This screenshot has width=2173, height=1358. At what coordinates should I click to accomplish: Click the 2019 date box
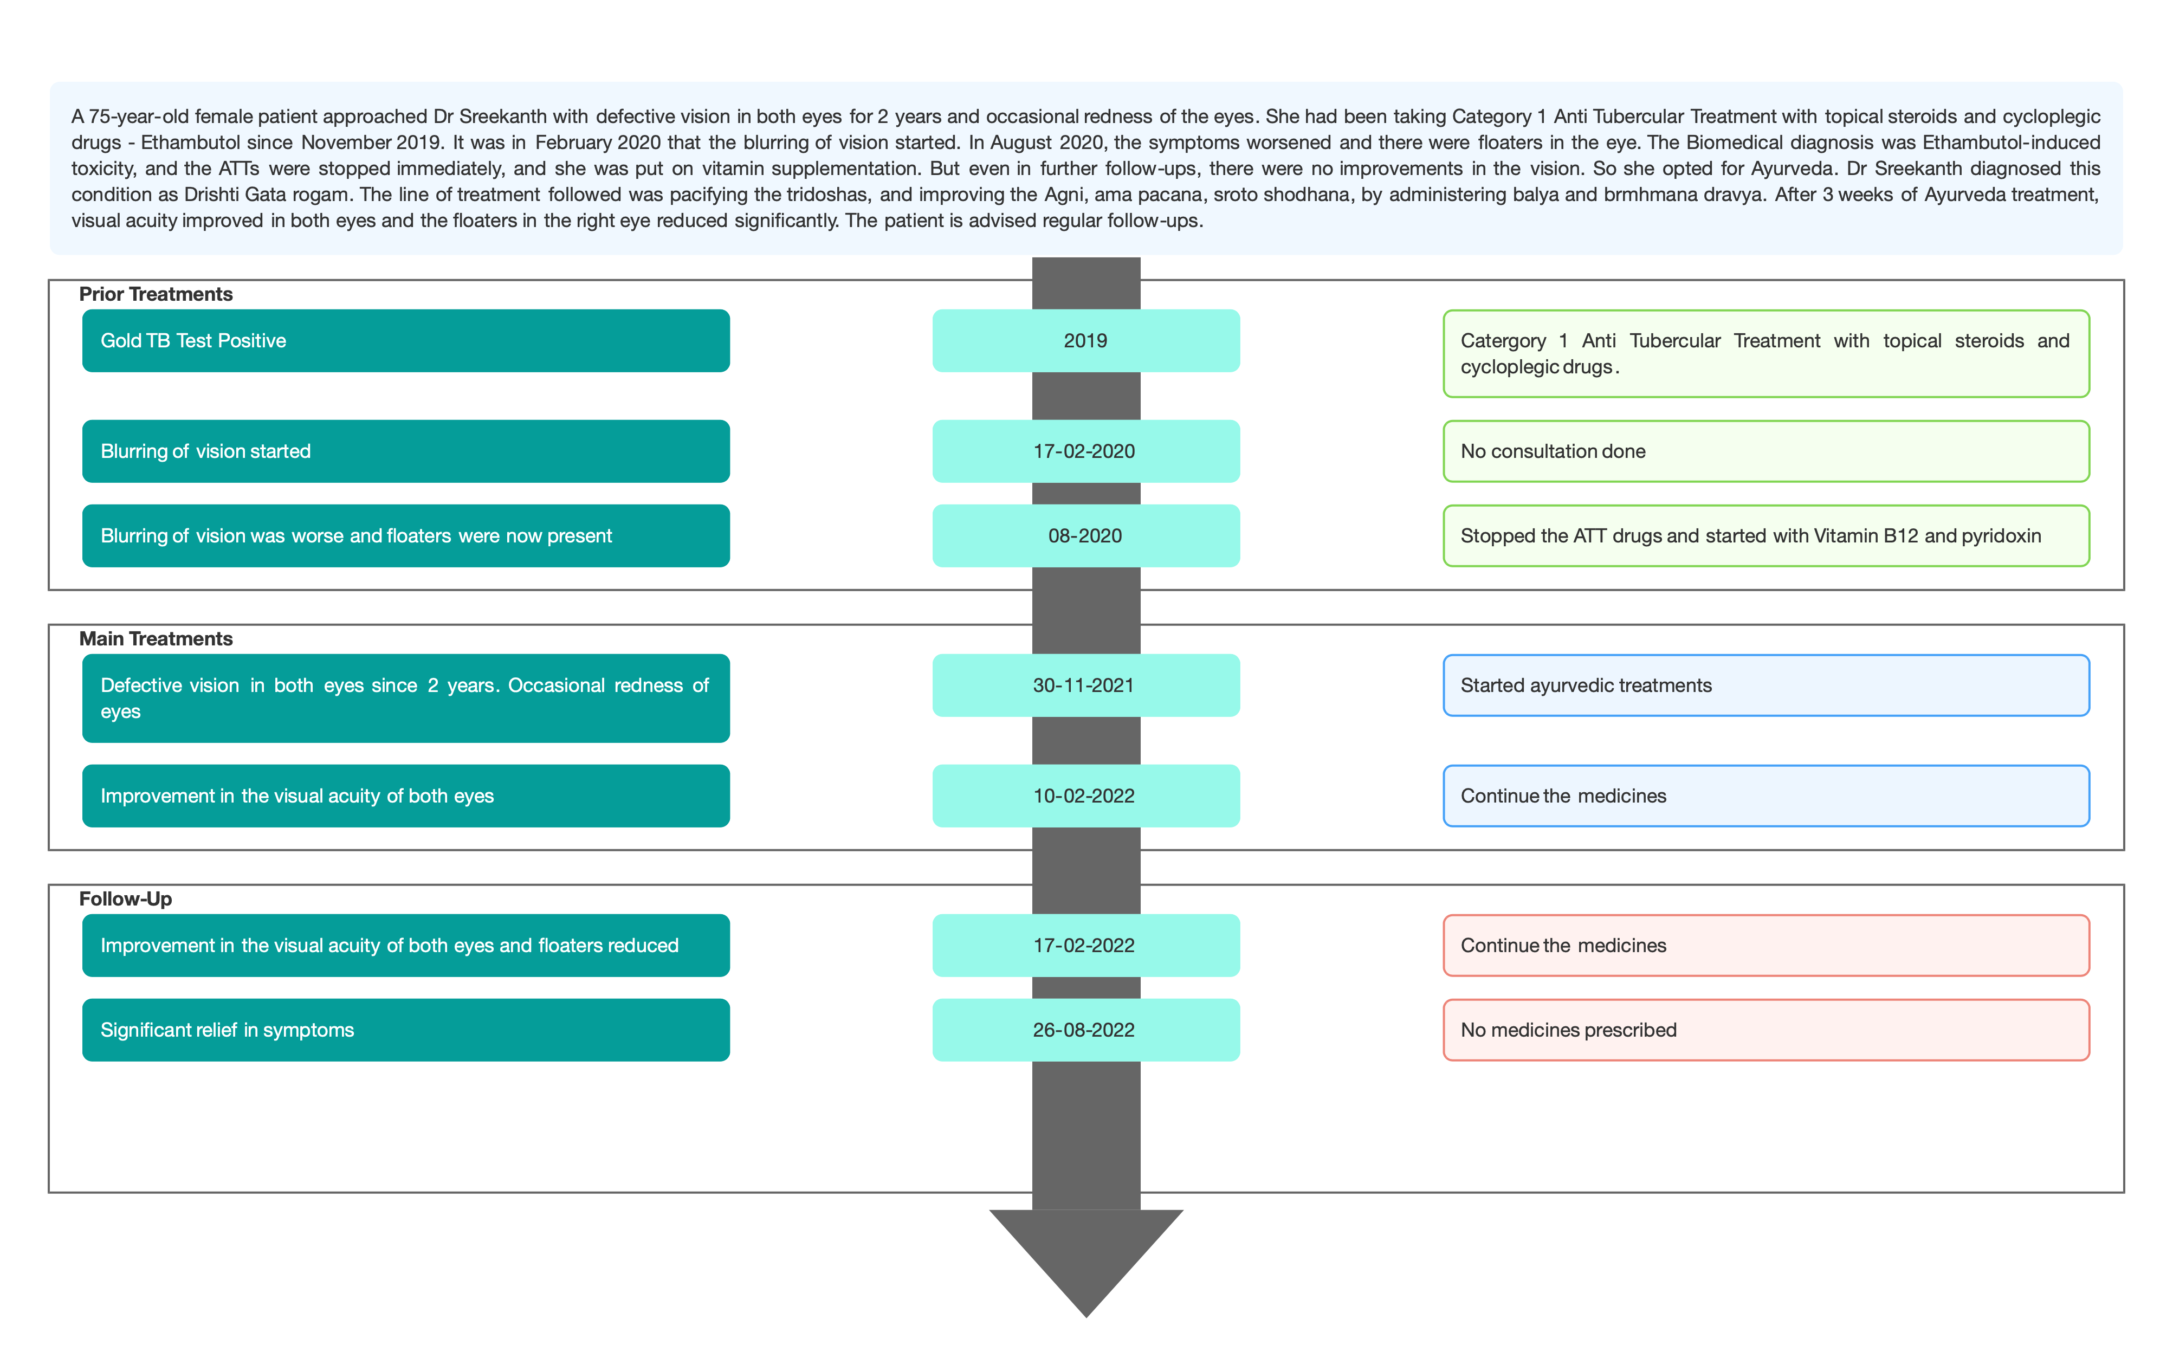[x=1085, y=340]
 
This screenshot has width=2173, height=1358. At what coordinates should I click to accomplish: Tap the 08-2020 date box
[x=1085, y=535]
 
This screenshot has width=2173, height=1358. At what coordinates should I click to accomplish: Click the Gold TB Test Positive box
[x=406, y=340]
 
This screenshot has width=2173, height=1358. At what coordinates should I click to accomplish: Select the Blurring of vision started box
[x=406, y=451]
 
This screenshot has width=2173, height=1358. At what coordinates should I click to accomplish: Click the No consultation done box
[x=1766, y=451]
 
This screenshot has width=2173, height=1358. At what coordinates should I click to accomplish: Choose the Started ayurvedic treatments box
[x=1766, y=686]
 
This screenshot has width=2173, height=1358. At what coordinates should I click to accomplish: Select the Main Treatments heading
[x=156, y=638]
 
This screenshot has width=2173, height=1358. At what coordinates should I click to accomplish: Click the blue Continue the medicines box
[x=1766, y=796]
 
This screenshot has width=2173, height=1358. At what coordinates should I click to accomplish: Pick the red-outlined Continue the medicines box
[x=1766, y=945]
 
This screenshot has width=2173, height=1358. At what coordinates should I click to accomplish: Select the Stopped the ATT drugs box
[x=1766, y=535]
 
